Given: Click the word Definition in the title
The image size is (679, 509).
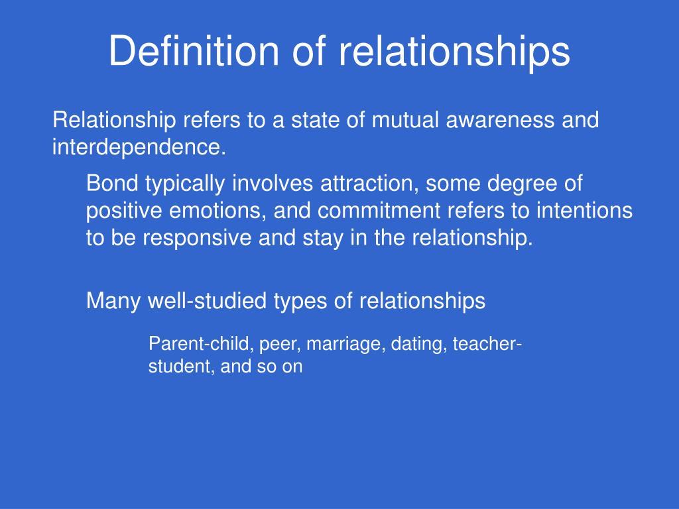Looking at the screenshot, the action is [x=194, y=50].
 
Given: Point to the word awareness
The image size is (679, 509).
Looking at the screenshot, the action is [x=500, y=121].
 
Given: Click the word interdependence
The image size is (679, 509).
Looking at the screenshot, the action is [x=139, y=146].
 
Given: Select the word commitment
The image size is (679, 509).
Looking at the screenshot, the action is [x=379, y=211].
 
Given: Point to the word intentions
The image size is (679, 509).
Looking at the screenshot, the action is [x=584, y=210].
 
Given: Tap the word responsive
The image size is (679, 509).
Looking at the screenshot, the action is [x=197, y=239].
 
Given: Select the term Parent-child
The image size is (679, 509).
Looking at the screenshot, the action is [x=201, y=344].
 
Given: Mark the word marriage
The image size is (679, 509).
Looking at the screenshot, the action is [x=346, y=345].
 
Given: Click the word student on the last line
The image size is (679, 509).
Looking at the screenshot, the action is [x=182, y=367].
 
